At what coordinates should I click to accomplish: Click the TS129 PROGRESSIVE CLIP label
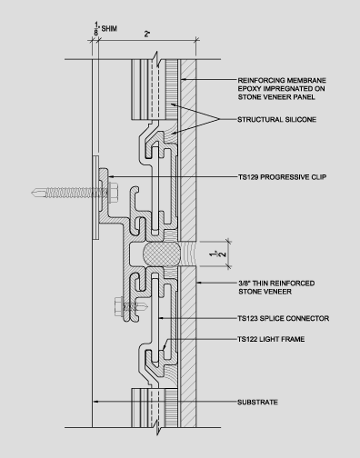coord(282,176)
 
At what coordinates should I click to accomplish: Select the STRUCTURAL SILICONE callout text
coord(276,119)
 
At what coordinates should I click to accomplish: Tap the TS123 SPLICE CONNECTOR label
coord(284,318)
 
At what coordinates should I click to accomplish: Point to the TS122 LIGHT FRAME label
coord(271,339)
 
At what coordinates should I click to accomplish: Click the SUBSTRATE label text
coord(257,402)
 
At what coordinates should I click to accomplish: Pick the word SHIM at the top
coord(109,29)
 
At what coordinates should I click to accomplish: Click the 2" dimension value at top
coord(147,34)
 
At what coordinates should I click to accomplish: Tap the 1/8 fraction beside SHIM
coord(96,28)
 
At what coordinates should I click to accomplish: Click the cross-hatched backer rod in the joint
coord(162,254)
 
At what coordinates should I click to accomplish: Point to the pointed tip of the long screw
coord(32,193)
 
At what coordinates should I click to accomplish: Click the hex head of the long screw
coord(113,193)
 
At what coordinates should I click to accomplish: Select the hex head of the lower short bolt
coord(118,307)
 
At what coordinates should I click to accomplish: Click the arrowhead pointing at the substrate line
coord(95,402)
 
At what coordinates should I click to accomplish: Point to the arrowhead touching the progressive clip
coord(111,176)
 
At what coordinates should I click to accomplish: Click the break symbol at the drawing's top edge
coord(155,59)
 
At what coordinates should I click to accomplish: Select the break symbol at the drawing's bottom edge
coord(157,427)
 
